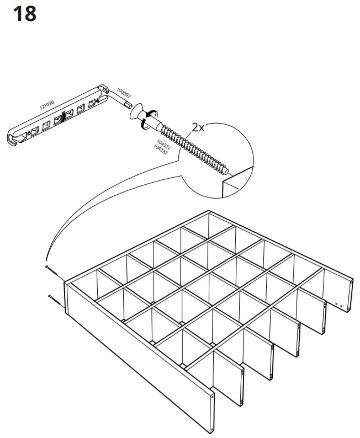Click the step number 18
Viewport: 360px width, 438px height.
click(x=24, y=13)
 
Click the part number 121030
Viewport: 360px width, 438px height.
click(x=49, y=104)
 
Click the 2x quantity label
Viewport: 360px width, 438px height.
click(x=198, y=127)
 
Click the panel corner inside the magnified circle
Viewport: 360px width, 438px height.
click(x=224, y=180)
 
